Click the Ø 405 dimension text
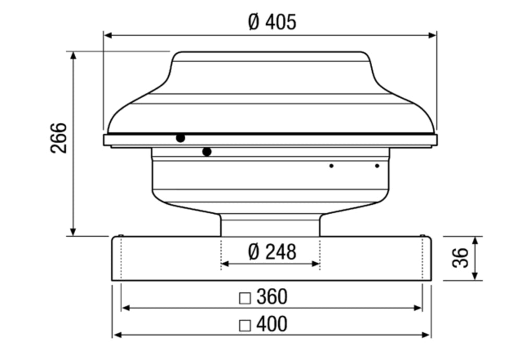click(x=272, y=22)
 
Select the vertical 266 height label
click(x=59, y=138)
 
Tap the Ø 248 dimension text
click(x=272, y=252)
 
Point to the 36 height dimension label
click(x=460, y=258)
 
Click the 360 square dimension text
click(x=271, y=297)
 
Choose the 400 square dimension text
click(x=271, y=324)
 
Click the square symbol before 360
click(x=244, y=298)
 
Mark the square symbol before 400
click(x=244, y=326)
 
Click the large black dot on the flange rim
click(x=180, y=138)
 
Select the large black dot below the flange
click(x=207, y=152)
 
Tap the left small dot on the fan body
click(x=331, y=166)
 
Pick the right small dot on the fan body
click(x=377, y=166)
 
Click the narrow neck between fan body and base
click(x=270, y=225)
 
